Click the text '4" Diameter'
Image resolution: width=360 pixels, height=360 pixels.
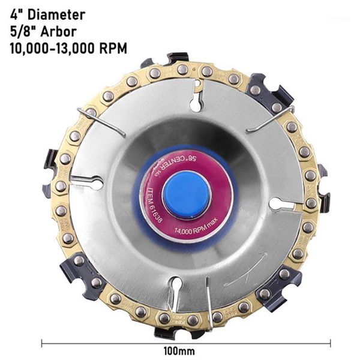point(47,14)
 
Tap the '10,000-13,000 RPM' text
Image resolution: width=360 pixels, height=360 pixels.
point(68,49)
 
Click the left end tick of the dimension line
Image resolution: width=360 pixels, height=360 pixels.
point(42,343)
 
